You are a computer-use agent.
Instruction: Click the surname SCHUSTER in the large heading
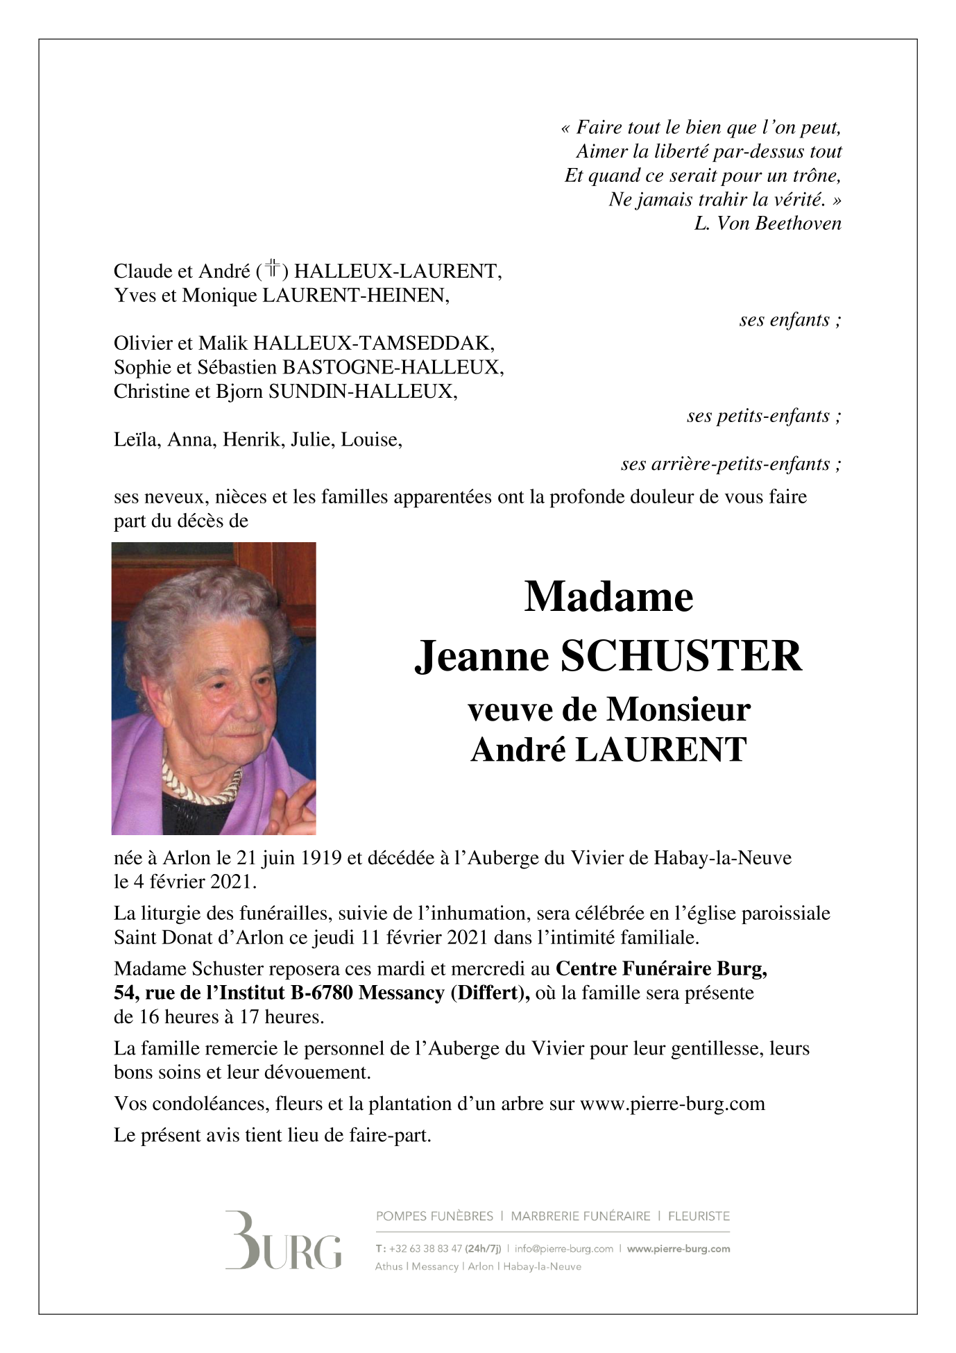(x=681, y=656)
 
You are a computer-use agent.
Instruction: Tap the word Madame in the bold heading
(x=608, y=597)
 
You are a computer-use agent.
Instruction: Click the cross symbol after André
(x=273, y=269)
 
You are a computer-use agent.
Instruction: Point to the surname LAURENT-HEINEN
(x=355, y=296)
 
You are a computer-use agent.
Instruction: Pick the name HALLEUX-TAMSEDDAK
(x=374, y=344)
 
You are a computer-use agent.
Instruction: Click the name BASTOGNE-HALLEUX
(x=392, y=367)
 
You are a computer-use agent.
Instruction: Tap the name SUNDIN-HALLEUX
(x=362, y=392)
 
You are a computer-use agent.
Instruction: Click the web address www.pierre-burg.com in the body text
(x=672, y=1104)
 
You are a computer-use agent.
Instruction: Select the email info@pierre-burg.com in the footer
(x=563, y=1249)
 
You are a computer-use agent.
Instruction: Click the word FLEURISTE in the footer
(x=699, y=1216)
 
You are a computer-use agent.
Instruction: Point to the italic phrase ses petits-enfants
(x=763, y=416)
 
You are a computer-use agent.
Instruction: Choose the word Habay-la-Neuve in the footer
(x=542, y=1266)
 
